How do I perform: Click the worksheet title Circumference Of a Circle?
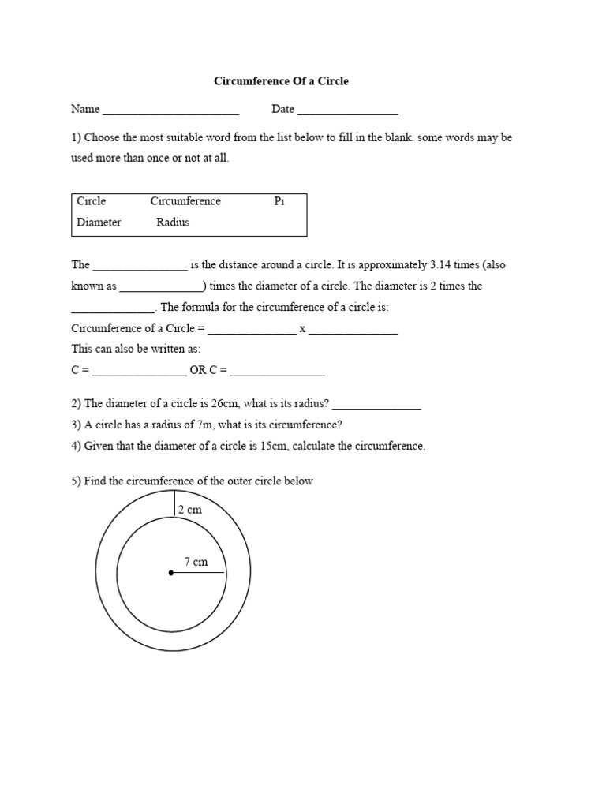(x=282, y=81)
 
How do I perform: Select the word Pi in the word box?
(x=279, y=201)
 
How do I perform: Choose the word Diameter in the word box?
(x=99, y=223)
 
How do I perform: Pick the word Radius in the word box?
(x=173, y=223)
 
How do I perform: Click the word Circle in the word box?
(x=92, y=201)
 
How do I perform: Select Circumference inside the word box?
(x=185, y=201)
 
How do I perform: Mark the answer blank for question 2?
(x=376, y=408)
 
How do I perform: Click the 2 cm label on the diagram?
(x=189, y=510)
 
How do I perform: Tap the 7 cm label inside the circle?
(x=196, y=562)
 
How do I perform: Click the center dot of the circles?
(x=171, y=573)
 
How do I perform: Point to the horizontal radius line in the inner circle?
(x=198, y=573)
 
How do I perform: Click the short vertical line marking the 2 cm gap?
(x=174, y=503)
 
